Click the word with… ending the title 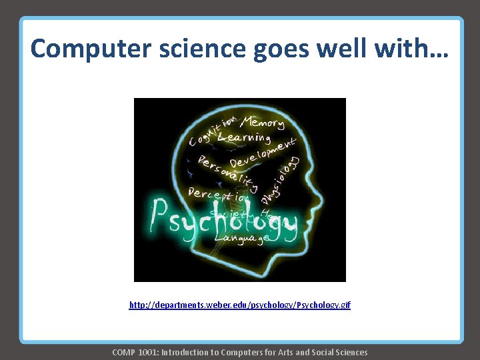(x=417, y=49)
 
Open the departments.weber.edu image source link (x=239, y=305)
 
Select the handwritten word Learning (x=243, y=137)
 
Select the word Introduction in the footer (x=189, y=352)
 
